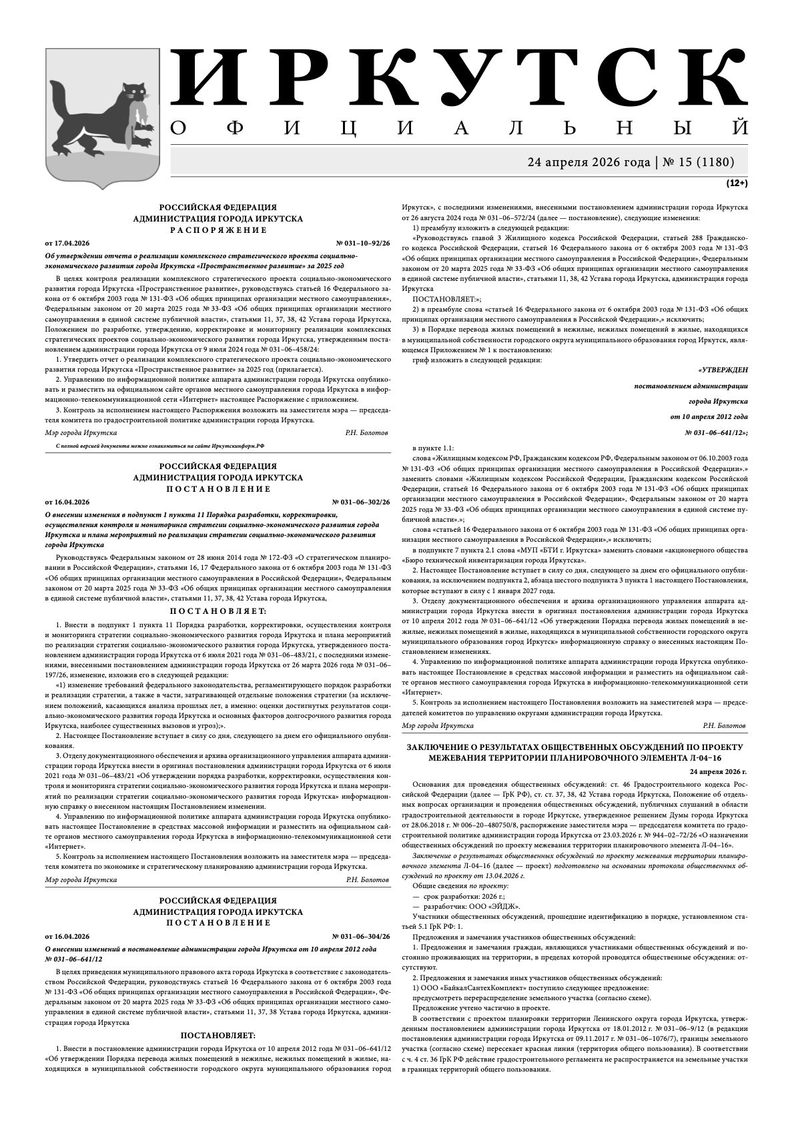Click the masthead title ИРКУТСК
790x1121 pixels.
coord(460,78)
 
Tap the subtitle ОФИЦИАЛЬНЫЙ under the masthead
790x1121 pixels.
coord(460,128)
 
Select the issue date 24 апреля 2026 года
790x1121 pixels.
coord(588,162)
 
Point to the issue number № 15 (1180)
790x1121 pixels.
coord(699,162)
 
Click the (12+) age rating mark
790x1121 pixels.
coord(737,182)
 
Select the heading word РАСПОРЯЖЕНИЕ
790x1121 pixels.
coord(218,230)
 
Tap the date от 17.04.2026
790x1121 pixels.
coord(67,243)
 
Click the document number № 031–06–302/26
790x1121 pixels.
coord(361,502)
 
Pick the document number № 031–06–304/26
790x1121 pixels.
coord(361,936)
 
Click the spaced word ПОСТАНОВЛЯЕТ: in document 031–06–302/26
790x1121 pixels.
coord(218,611)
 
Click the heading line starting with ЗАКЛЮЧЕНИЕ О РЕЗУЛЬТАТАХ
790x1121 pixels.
coord(574,747)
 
